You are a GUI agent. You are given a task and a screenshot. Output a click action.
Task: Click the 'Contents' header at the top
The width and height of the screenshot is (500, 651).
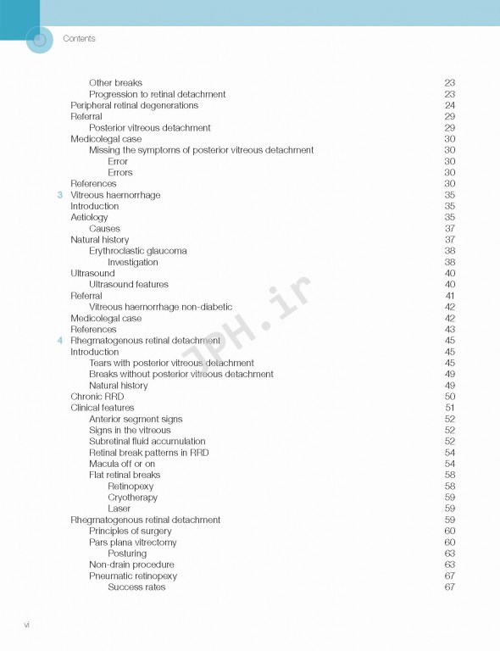[x=79, y=39]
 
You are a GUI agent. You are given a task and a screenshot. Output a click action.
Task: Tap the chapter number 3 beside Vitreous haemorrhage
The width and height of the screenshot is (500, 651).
[x=59, y=195]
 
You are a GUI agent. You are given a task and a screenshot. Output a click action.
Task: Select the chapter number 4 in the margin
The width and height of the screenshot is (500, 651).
[x=59, y=341]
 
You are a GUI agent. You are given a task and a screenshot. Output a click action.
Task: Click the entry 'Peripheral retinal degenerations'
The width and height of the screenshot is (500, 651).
[x=134, y=106]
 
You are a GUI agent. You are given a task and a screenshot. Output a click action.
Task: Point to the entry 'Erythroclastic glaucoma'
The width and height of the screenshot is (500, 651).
[x=138, y=251]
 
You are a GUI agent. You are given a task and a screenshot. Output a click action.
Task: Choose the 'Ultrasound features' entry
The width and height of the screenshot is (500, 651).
[x=129, y=285]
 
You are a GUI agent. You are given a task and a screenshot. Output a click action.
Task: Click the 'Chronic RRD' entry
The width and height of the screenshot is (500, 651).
[x=97, y=397]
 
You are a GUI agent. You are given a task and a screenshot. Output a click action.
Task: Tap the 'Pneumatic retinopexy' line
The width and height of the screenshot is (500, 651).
[x=133, y=576]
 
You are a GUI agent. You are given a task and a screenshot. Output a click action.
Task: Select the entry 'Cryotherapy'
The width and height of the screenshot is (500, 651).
[x=132, y=498]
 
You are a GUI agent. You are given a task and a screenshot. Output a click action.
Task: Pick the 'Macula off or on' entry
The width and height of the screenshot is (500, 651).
[x=122, y=464]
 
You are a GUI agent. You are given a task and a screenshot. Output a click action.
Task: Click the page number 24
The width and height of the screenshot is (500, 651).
[x=449, y=106]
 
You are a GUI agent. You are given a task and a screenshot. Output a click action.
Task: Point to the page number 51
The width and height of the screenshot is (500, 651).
[x=449, y=408]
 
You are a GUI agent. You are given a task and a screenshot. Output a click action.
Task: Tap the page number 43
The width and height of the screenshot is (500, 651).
[x=449, y=330]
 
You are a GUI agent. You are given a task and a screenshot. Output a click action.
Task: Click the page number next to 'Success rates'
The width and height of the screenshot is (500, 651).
[x=449, y=587]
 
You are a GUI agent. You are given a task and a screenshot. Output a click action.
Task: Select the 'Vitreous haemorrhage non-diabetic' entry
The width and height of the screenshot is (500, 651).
[x=160, y=307]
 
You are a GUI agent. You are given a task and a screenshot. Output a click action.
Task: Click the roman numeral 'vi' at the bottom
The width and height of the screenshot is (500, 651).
[x=27, y=625]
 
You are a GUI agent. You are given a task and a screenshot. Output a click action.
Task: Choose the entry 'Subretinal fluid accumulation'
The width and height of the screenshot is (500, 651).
[x=147, y=442]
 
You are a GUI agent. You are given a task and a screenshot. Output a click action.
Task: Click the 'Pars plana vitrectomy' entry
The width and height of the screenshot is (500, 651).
[x=133, y=542]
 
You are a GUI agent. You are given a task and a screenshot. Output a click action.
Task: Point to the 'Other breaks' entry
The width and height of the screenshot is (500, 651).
[x=115, y=83]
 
